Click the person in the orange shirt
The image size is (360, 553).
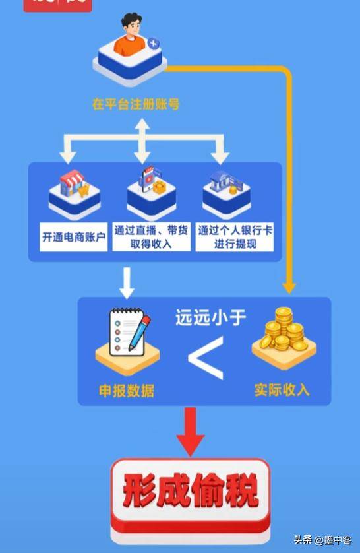132,35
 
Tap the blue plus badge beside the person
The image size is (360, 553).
153,44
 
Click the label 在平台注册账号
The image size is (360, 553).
136,104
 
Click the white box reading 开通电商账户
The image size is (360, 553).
74,237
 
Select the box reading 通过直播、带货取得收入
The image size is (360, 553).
151,237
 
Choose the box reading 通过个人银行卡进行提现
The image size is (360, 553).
235,237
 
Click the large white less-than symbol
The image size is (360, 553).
206,358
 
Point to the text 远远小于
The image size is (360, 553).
210,317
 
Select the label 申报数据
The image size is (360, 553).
127,391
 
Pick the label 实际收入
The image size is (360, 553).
282,390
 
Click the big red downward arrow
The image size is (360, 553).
190,432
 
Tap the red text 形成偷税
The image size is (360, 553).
191,490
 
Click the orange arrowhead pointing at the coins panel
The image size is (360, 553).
289,287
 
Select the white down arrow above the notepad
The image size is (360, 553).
127,283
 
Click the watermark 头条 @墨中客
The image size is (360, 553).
322,540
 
